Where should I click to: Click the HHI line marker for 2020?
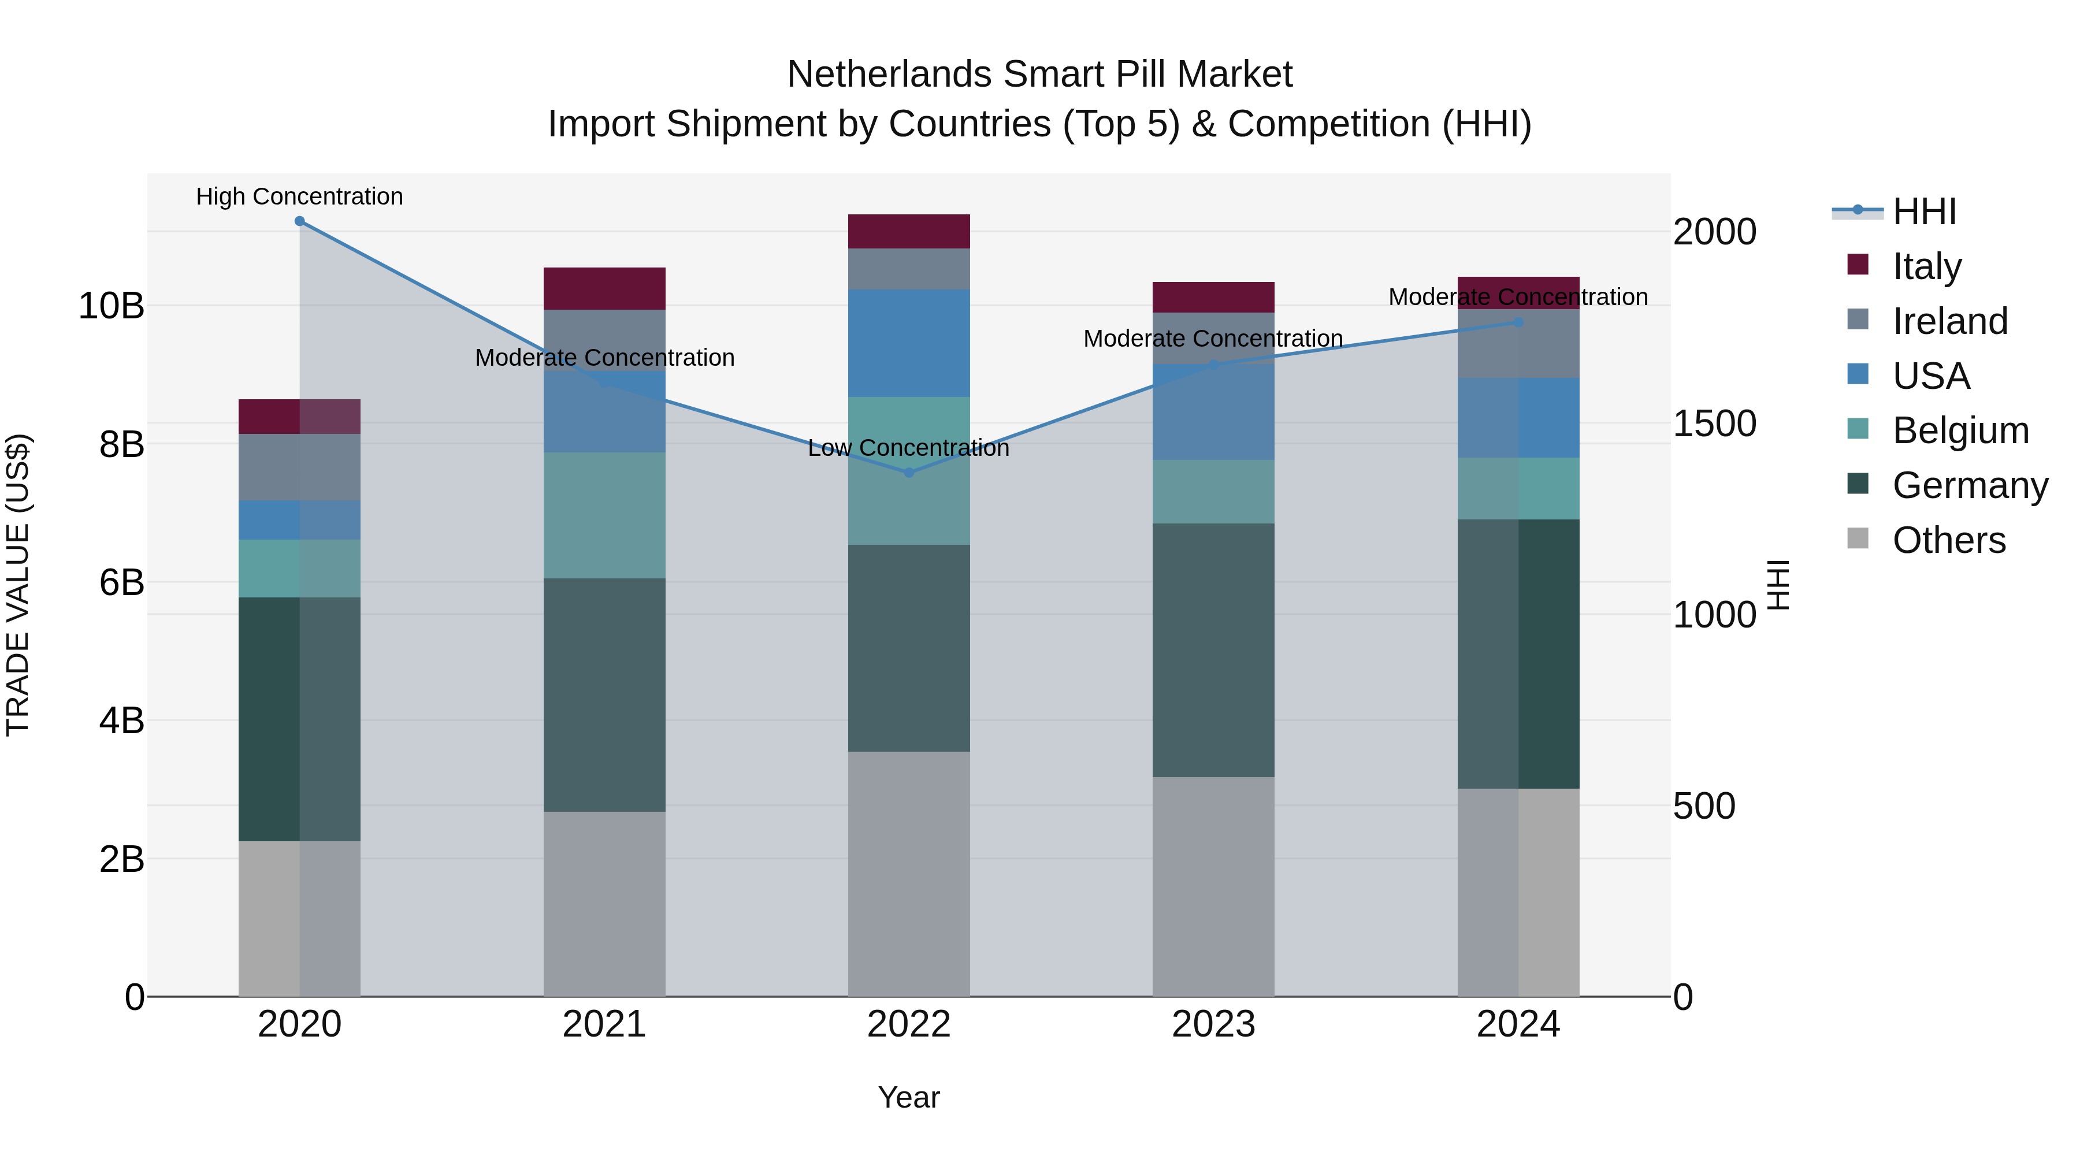[299, 221]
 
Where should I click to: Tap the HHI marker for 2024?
[1518, 322]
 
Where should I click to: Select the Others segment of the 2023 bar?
[1213, 886]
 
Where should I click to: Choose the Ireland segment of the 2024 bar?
[1518, 344]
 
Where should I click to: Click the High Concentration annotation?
[299, 196]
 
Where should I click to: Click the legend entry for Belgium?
[1960, 430]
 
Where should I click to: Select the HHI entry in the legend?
[1923, 211]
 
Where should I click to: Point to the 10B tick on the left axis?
[112, 306]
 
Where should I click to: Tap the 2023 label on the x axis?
[1213, 1024]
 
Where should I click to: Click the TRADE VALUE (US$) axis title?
[18, 585]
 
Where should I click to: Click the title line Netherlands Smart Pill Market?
[1039, 75]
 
